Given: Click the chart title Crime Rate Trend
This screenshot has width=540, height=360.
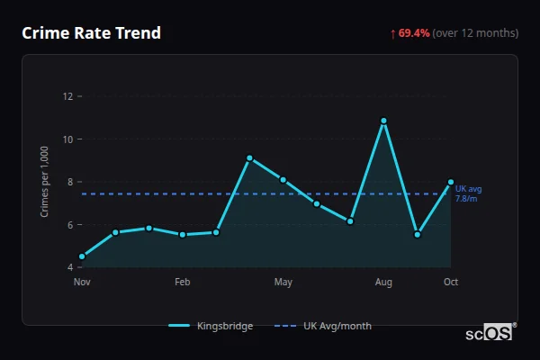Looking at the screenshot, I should point(91,33).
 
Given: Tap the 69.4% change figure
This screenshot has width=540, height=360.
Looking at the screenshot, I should point(414,33).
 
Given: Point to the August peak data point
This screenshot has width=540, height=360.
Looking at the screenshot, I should point(383,121).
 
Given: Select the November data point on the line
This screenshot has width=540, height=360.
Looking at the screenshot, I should point(82,256).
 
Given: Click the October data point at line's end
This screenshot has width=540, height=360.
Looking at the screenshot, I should point(451,182).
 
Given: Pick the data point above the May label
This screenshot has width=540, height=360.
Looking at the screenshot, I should point(283,180).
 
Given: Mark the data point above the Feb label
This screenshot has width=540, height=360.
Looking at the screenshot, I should point(183,234).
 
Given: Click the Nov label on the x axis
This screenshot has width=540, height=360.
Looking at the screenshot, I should point(82,283).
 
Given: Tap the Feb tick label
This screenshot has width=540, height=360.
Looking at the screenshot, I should point(183,283).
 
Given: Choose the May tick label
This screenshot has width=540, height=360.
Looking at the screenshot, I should point(283,283).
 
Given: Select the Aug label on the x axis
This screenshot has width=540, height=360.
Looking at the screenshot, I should point(383,283).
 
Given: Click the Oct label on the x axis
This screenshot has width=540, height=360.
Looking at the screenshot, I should point(451,283).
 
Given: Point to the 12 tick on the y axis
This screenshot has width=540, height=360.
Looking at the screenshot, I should point(67,96).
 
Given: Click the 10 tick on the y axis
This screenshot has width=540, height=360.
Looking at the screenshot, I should point(67,139).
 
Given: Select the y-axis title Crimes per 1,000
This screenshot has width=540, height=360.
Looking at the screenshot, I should point(45,182).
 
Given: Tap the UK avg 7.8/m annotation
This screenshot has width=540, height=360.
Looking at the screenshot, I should point(469,193).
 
